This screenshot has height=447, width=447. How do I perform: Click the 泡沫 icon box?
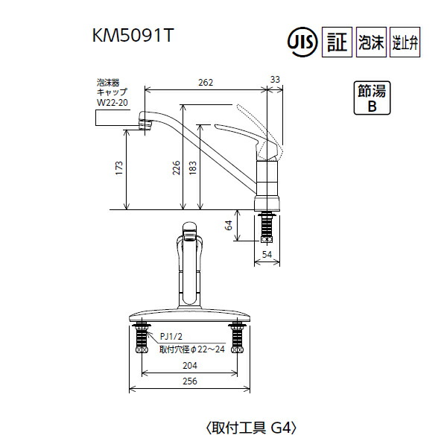[372, 42]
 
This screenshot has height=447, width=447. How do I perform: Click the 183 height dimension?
[194, 167]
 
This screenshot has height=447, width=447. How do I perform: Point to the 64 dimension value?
[229, 224]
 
